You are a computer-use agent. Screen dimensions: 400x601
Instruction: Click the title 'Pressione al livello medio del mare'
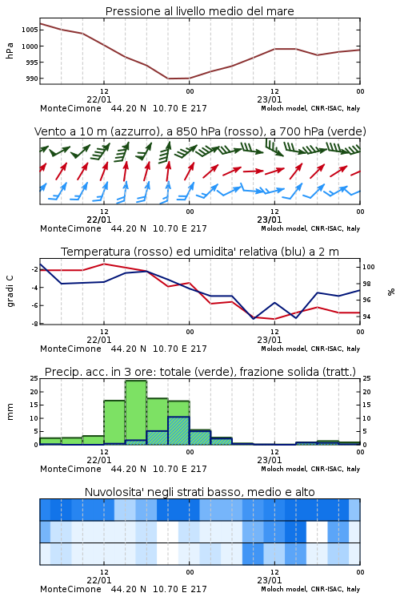pos(199,11)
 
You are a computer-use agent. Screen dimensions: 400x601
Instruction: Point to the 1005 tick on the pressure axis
pos(30,30)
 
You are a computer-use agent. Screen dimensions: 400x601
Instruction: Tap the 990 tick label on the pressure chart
pos(32,79)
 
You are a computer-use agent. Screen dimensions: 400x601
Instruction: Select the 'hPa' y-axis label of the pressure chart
pos(10,50)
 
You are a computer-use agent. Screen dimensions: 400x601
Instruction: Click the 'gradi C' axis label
pos(10,291)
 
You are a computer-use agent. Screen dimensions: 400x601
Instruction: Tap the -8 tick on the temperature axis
pos(34,324)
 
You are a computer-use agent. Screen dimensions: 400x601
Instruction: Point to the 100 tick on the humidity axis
pos(369,267)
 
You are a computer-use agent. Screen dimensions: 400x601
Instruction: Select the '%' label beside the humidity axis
pos(391,292)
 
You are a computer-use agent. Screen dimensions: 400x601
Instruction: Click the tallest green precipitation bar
pos(136,413)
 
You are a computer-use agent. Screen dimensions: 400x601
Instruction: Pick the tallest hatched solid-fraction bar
pos(178,430)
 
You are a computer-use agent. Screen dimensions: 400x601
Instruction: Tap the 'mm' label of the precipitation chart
pos(10,412)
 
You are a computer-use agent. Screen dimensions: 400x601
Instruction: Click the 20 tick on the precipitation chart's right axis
pos(366,392)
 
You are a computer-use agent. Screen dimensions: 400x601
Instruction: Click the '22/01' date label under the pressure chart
pos(99,99)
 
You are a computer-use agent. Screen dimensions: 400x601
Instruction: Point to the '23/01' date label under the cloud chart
pos(270,580)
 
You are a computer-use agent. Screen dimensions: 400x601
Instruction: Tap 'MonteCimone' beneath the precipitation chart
pos(71,469)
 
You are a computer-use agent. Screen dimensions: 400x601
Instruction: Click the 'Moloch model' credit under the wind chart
pos(284,228)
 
